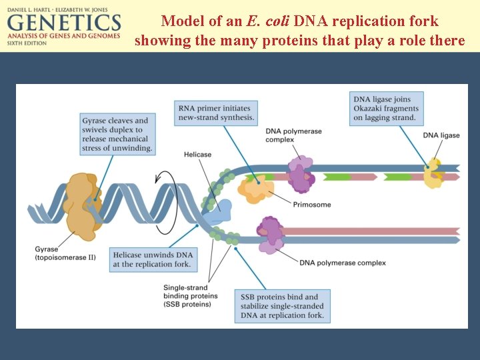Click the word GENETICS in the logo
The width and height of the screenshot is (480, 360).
coord(64,23)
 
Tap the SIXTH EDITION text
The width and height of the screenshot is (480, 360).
coord(27,43)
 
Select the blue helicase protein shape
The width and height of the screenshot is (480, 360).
coord(218,212)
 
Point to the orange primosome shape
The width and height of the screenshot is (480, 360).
coord(256,189)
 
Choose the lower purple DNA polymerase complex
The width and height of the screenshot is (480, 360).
coord(270,235)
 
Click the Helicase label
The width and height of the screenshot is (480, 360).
coord(197,155)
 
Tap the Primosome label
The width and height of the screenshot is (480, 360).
coord(312,205)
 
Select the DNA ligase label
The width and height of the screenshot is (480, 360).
coord(441,135)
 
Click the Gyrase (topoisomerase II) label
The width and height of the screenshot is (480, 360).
coord(65,253)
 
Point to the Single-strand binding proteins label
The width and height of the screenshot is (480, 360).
coord(191,296)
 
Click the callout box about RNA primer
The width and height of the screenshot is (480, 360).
coord(216,113)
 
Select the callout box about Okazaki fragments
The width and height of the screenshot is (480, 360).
coord(386,109)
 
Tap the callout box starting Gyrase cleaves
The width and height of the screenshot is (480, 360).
coord(117,134)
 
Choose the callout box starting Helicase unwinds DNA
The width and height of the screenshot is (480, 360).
coord(153,259)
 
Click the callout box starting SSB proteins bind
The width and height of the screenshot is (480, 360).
coord(282,306)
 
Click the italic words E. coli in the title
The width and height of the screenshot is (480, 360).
coord(267,21)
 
